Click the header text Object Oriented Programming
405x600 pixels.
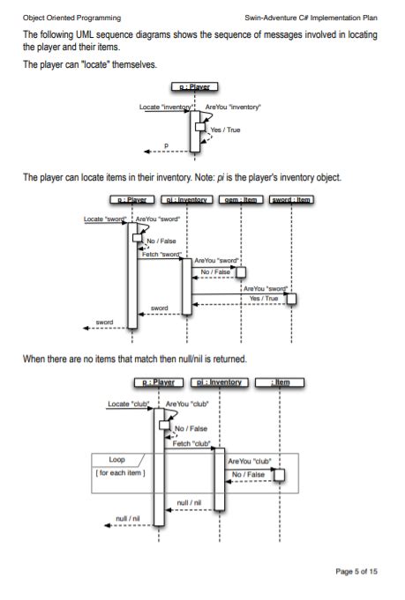pos(71,18)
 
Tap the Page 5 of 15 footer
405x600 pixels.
pos(356,571)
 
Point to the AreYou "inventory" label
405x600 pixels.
pos(232,107)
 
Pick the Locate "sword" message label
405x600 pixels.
pos(103,217)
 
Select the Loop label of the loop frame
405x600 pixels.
pos(116,460)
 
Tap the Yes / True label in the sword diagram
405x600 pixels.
pos(265,298)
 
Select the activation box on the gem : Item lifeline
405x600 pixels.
pos(240,272)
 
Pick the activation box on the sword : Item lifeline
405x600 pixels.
pos(291,300)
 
